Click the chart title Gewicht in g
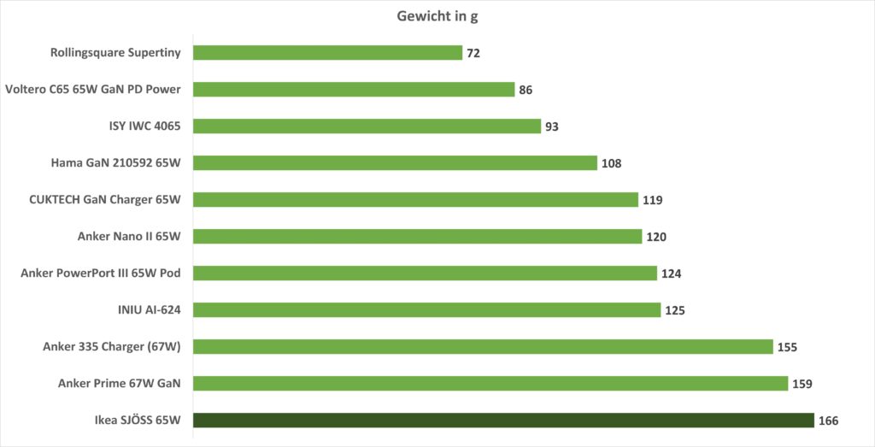click(437, 16)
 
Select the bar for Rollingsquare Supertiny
click(327, 53)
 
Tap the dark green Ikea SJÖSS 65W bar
click(503, 420)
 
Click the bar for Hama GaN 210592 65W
click(395, 163)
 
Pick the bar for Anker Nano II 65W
click(417, 237)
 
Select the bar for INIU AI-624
click(426, 309)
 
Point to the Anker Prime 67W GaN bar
click(490, 383)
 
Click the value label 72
click(473, 53)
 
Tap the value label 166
click(828, 421)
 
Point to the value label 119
click(653, 200)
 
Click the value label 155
click(787, 347)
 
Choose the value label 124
click(671, 273)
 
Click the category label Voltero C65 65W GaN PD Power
click(98, 90)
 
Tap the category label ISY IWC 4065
click(145, 126)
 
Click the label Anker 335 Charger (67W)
click(117, 347)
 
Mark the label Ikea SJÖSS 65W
click(138, 421)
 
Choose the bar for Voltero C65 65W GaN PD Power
click(354, 90)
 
